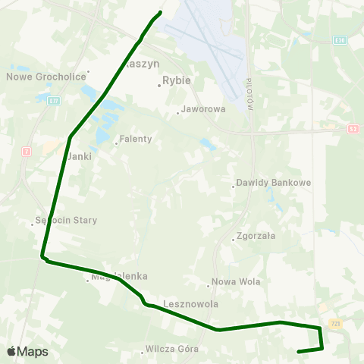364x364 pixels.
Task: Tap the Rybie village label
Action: click(177, 78)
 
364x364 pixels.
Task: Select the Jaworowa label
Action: click(204, 109)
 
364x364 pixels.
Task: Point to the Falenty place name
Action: click(136, 140)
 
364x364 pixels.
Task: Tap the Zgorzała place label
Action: click(256, 236)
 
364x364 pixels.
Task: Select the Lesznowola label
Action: click(190, 303)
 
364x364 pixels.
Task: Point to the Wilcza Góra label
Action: click(174, 350)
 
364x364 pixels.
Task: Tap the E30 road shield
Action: click(340, 39)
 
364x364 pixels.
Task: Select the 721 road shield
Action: click(336, 324)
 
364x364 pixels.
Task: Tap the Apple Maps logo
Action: click(27, 351)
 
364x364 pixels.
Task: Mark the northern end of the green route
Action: click(161, 12)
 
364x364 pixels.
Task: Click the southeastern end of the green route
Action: click(299, 351)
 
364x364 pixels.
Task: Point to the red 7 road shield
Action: click(27, 152)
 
